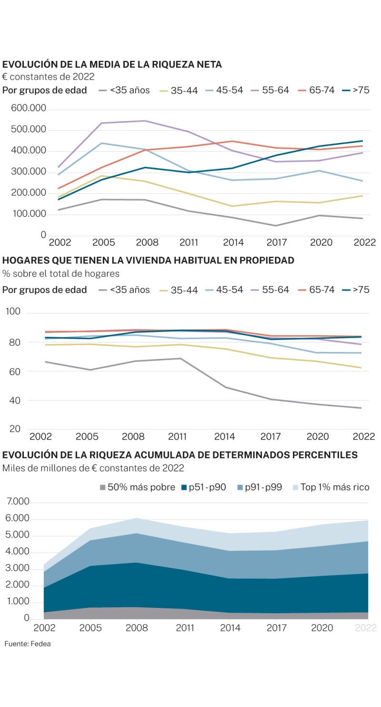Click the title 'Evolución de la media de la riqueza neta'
point(112,65)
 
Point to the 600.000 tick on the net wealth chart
point(29,109)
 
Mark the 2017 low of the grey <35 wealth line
point(276,225)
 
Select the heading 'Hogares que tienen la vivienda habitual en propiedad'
point(148,261)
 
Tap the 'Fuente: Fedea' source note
point(28,644)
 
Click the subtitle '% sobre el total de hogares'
point(61,274)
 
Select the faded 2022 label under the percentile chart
point(365,628)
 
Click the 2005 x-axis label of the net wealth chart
point(103,242)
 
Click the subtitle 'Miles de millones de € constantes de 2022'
point(93,468)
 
